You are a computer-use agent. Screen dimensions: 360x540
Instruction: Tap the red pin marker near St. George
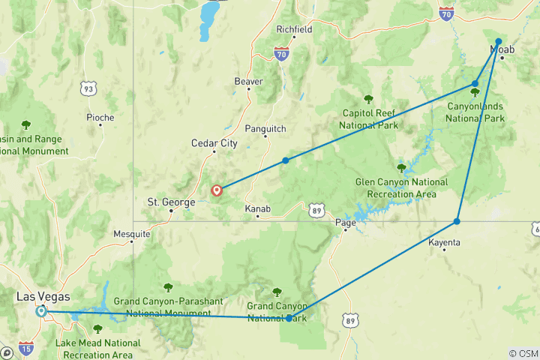pos(217,190)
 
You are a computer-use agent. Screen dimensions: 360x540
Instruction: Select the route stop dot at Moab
pos(499,42)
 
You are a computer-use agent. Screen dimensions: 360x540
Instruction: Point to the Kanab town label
pos(257,208)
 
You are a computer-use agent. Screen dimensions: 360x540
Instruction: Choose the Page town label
pos(346,222)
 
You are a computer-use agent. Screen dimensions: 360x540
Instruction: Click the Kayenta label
pos(444,243)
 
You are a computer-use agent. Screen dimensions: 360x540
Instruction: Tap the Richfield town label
pos(294,29)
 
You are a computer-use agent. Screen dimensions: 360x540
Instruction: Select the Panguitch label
pos(265,129)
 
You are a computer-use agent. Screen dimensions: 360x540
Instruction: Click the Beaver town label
pos(248,81)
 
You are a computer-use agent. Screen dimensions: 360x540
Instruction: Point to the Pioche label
pos(100,117)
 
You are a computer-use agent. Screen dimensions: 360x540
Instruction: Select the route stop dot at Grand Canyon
pos(289,318)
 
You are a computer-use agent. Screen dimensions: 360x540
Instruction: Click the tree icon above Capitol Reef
pos(368,99)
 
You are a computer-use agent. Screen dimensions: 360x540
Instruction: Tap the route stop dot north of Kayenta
pos(457,221)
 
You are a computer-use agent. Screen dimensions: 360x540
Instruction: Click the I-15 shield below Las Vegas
pos(25,348)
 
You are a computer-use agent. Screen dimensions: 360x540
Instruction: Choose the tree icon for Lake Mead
pos(97,329)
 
